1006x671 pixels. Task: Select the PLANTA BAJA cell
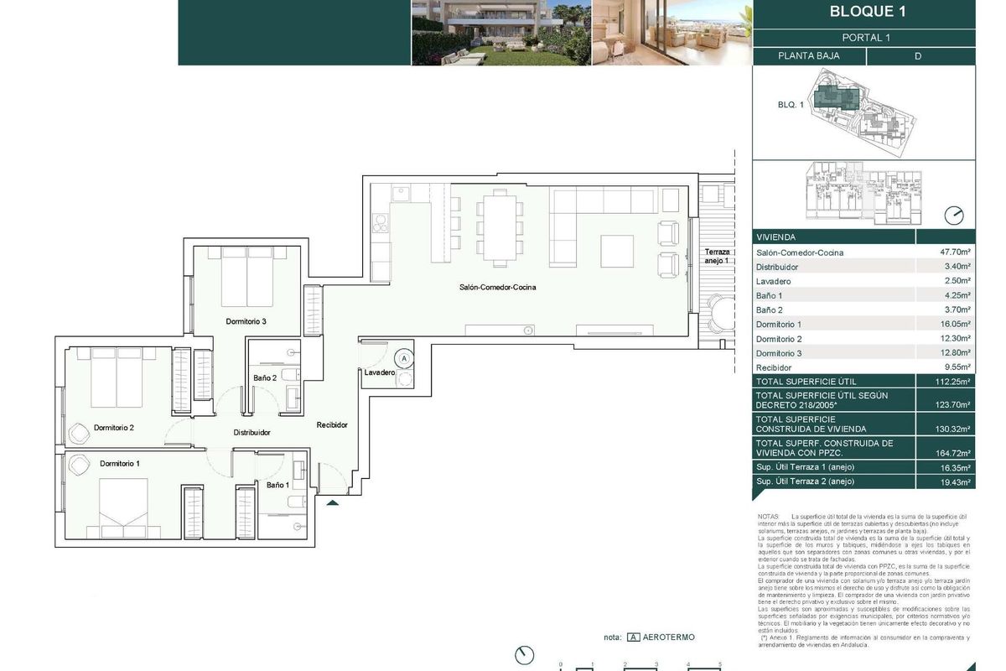808,56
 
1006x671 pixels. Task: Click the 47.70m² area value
955,252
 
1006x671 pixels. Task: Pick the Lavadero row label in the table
773,281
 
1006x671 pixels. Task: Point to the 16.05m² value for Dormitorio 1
955,324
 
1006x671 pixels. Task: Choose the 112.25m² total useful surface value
955,381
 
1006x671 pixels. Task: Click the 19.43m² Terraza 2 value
955,482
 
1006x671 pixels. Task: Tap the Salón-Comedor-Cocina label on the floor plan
497,288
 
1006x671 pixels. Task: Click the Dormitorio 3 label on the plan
246,321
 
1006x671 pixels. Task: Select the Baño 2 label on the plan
265,378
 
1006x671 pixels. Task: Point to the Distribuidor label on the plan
251,433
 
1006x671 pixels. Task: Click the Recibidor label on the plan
332,425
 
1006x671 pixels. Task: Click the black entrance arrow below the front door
333,503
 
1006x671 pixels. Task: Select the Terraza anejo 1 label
716,257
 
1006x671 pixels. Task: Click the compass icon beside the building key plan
954,216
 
